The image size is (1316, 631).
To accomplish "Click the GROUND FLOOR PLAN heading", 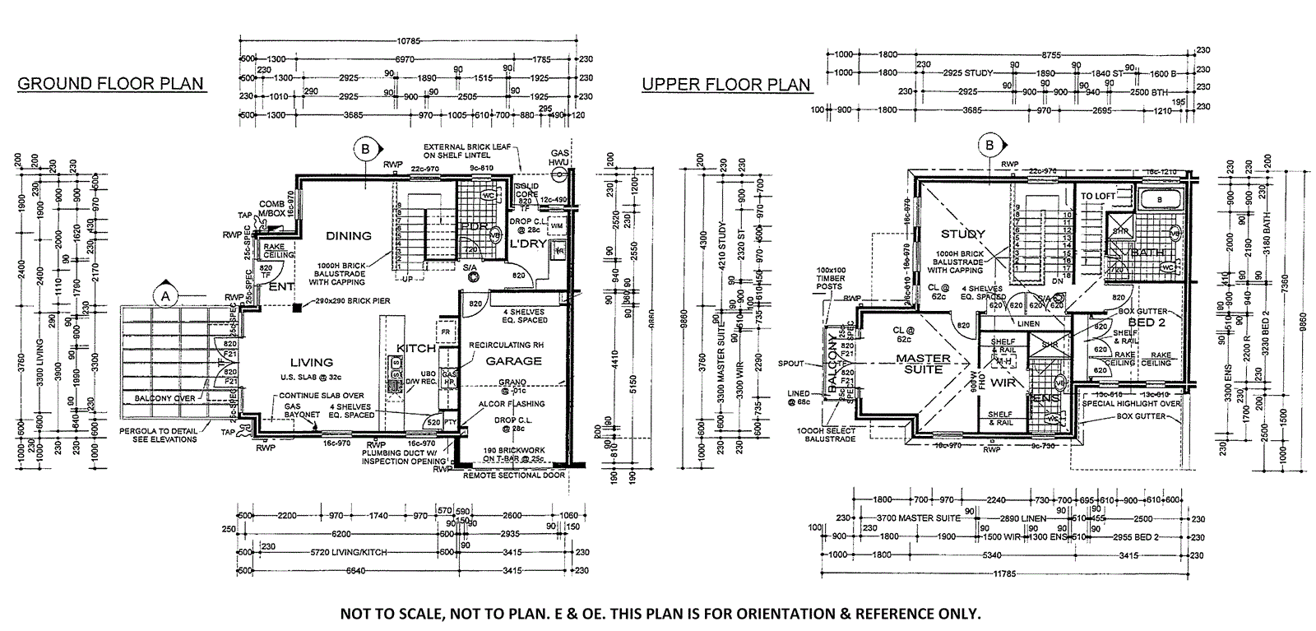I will click(x=110, y=84).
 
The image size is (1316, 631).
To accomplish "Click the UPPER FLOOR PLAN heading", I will click(x=725, y=84).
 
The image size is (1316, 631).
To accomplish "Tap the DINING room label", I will click(x=349, y=236).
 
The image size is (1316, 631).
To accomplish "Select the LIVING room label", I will click(x=311, y=362).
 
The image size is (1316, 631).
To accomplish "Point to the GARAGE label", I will click(x=514, y=360).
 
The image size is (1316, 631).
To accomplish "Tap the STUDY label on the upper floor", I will click(x=963, y=234).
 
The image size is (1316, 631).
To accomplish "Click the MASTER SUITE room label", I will click(x=923, y=364).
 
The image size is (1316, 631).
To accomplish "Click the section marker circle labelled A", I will click(x=165, y=294).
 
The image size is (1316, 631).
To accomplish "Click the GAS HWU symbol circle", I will click(x=560, y=174).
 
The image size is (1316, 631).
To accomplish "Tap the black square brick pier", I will click(x=296, y=308).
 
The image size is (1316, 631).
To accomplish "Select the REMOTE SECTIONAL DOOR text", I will click(x=514, y=476).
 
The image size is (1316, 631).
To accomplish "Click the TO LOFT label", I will click(x=1100, y=196).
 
